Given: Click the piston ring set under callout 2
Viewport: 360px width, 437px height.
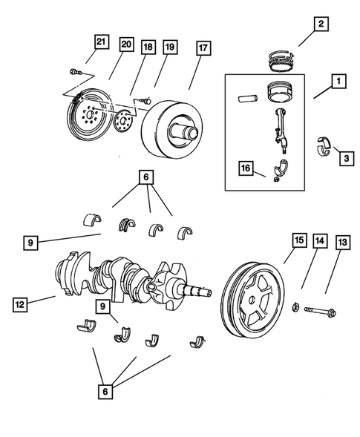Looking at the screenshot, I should (x=282, y=56).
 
